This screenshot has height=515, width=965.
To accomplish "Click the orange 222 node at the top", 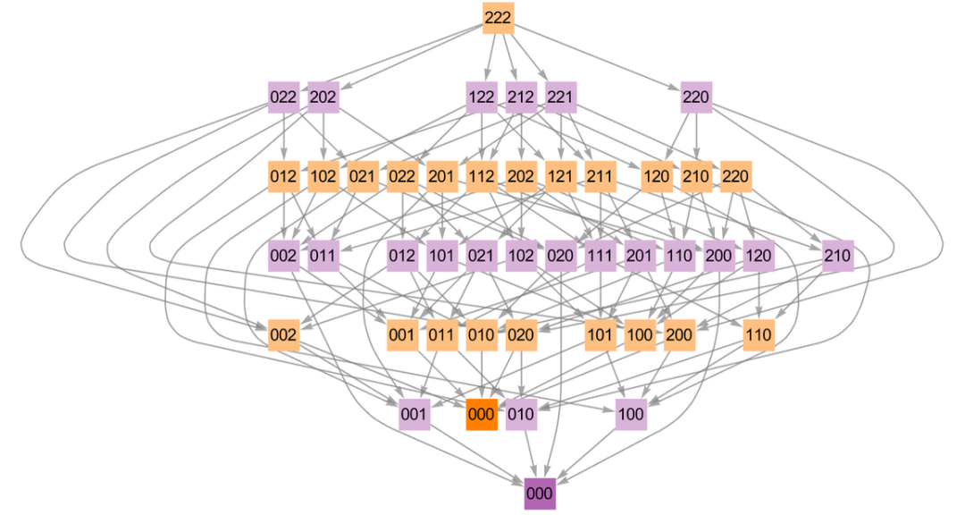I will (x=498, y=18).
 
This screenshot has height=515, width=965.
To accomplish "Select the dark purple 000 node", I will (x=540, y=494).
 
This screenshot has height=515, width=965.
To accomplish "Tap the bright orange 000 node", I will (x=481, y=414).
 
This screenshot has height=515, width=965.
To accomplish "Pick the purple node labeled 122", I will (x=481, y=97).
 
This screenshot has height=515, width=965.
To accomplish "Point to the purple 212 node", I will (x=521, y=97).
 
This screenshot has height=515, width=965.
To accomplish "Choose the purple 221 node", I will (x=560, y=97).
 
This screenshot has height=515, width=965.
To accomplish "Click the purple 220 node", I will (x=695, y=97).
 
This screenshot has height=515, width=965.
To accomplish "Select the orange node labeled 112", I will (x=481, y=176).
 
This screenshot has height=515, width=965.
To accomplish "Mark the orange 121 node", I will (x=560, y=176).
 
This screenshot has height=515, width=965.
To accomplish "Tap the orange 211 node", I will (x=600, y=176).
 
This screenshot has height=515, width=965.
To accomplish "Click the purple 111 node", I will (x=600, y=256).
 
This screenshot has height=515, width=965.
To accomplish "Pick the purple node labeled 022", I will (x=283, y=97).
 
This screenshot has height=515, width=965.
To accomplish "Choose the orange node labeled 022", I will (x=402, y=176).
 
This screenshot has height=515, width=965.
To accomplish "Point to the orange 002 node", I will (x=283, y=335).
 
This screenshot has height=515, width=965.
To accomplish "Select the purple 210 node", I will (x=837, y=256).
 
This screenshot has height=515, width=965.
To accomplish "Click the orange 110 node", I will (x=758, y=335).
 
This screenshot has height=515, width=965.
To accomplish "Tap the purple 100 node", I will (x=631, y=414).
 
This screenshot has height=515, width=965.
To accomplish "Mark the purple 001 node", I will (x=414, y=414).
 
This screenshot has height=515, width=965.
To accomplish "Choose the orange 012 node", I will (x=283, y=176).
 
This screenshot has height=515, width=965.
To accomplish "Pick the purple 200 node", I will (x=718, y=256).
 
